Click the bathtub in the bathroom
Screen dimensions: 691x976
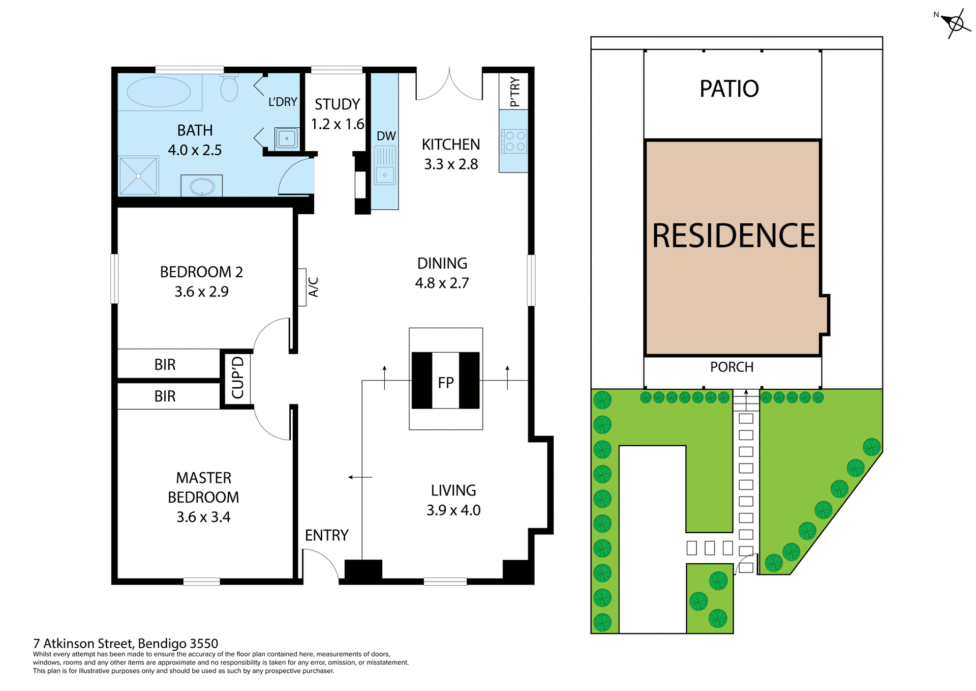[158, 92]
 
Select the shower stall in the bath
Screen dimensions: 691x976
[138, 176]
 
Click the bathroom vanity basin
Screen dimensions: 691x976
[202, 186]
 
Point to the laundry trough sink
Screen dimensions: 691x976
[287, 138]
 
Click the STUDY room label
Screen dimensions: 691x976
[337, 104]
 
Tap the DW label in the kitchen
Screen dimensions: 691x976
[386, 136]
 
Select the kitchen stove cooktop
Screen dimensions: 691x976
[514, 141]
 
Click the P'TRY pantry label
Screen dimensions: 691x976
[514, 92]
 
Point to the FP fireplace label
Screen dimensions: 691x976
[446, 383]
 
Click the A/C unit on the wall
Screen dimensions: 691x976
[303, 287]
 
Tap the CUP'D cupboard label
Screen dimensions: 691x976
[237, 378]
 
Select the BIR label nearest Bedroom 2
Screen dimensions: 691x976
[165, 364]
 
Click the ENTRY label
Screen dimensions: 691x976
[326, 535]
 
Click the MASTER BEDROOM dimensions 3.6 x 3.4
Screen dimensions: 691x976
[203, 517]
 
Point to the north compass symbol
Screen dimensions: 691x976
[955, 23]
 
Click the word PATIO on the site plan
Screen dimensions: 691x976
[729, 89]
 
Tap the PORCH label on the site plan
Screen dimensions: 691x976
[731, 367]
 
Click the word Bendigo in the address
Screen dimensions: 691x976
[162, 644]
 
